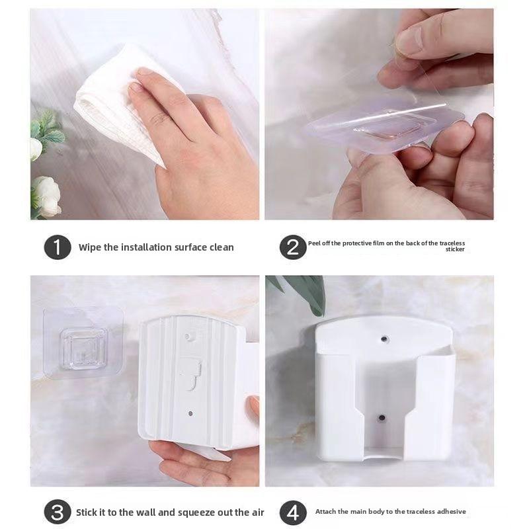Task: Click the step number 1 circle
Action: (58, 247)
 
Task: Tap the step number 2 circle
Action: (293, 247)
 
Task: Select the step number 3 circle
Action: (58, 512)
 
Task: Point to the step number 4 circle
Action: (293, 512)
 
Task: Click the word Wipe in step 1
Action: (90, 247)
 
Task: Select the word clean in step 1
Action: (222, 247)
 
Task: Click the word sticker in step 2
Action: (455, 249)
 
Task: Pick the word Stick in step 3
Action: (86, 512)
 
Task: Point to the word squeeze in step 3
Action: (196, 513)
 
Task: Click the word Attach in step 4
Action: (325, 511)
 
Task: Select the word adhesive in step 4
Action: (452, 511)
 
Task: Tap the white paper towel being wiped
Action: (114, 101)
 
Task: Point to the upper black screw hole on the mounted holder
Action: (384, 339)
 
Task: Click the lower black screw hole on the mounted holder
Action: (382, 418)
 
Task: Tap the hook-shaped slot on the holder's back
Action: (191, 374)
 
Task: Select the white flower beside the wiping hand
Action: (46, 196)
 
